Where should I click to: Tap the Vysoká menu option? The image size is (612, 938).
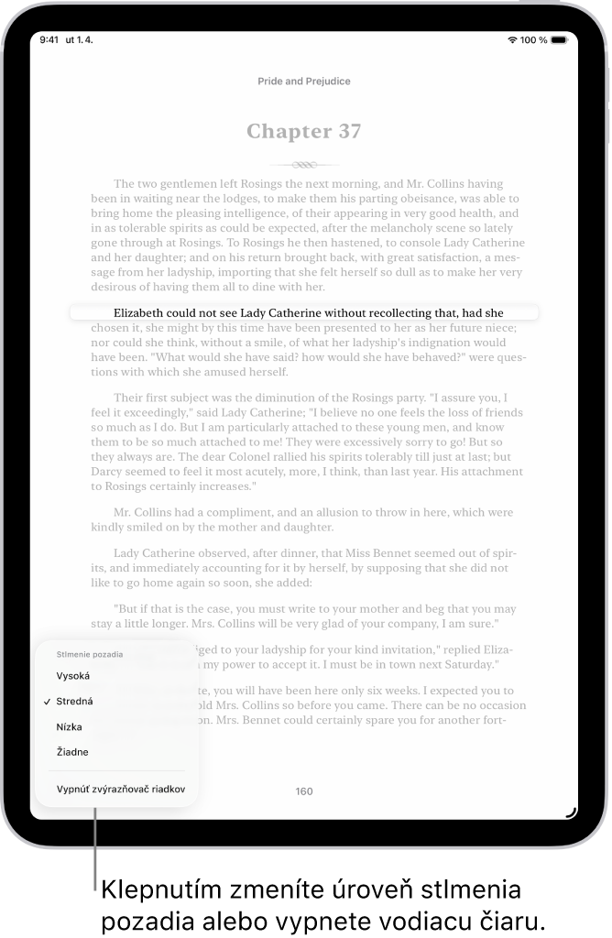point(73,676)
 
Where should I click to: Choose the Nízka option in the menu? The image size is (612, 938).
point(70,727)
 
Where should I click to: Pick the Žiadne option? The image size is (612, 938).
point(73,753)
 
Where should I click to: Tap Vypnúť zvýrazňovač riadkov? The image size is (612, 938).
point(121,789)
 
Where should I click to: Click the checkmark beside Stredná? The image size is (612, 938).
point(46,702)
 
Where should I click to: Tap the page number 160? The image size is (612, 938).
point(304,791)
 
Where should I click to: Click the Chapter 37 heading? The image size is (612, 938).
point(304,132)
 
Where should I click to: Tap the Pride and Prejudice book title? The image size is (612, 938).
point(304,82)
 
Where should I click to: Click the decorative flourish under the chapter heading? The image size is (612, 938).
point(304,166)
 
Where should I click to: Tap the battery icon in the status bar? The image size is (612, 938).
point(562,40)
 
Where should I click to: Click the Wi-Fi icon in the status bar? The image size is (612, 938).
point(511,40)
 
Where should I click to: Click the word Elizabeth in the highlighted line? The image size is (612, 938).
point(142,312)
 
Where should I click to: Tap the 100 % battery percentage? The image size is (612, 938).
point(534,40)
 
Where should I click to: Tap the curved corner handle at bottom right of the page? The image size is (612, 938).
point(571,811)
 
